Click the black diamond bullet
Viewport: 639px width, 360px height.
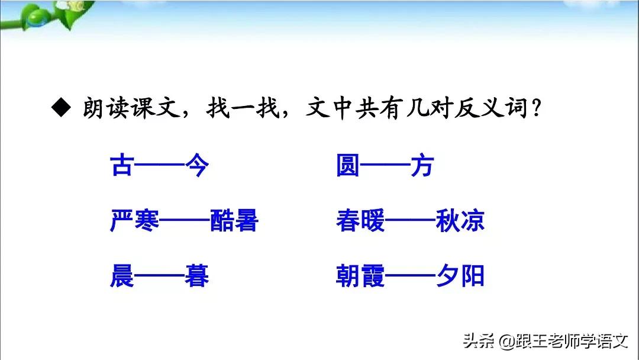click(60, 110)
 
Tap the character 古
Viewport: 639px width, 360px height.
click(121, 166)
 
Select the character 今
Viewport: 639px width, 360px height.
click(196, 166)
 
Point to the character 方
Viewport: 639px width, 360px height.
click(422, 166)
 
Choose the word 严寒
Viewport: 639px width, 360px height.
click(134, 221)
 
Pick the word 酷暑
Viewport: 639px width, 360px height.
click(234, 221)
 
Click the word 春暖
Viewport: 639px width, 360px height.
click(360, 221)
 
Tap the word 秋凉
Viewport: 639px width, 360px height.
click(460, 221)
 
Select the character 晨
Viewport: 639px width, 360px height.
click(122, 277)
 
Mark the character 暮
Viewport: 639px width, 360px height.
click(196, 277)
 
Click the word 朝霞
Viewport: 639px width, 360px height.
click(360, 277)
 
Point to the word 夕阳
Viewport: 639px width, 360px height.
click(460, 277)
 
